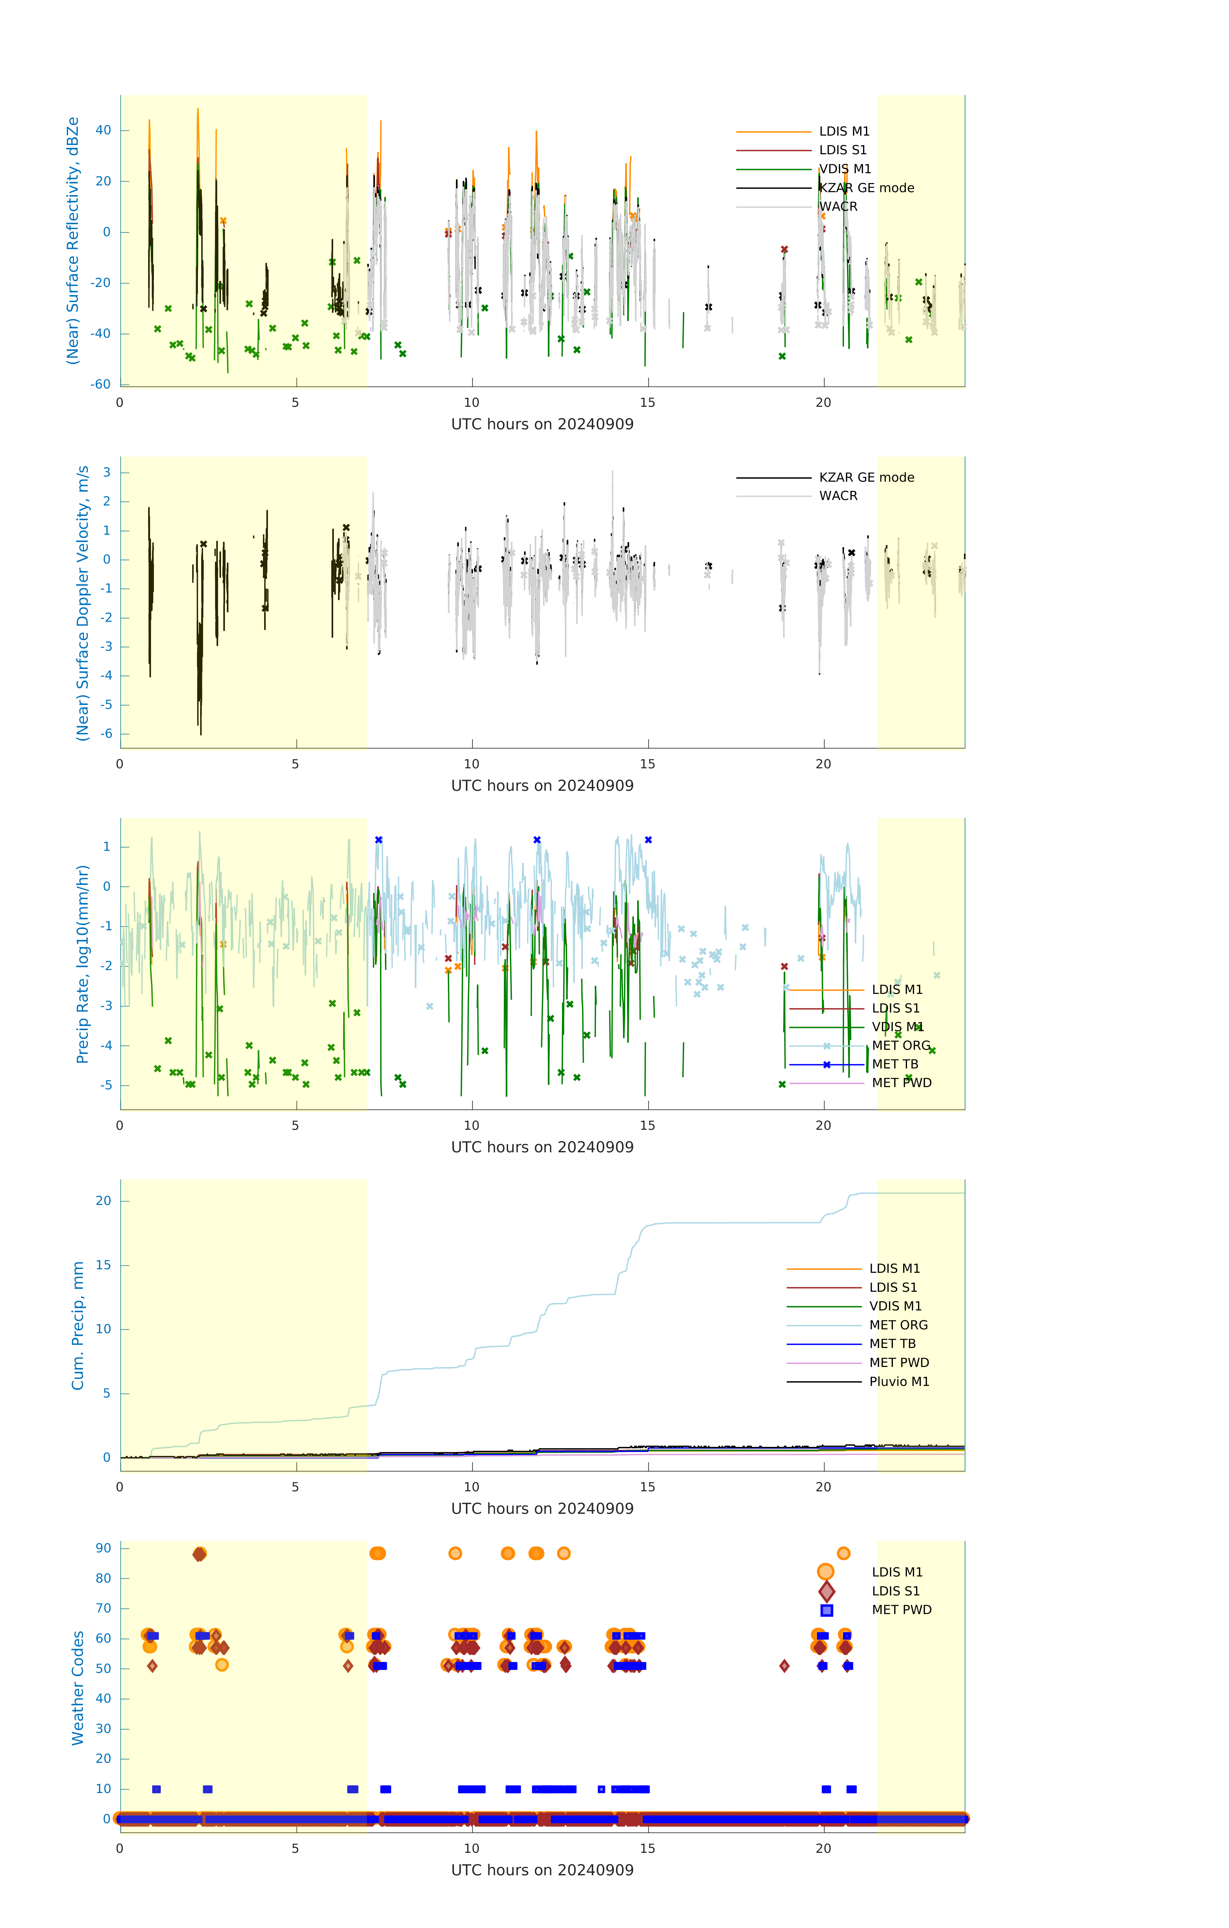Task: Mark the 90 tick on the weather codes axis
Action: [103, 1549]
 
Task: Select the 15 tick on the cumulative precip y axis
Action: [103, 1265]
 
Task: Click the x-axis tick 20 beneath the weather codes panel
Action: [823, 1849]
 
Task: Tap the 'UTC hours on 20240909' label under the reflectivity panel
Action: [542, 424]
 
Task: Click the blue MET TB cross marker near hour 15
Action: [648, 840]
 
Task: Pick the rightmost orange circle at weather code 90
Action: [843, 1553]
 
